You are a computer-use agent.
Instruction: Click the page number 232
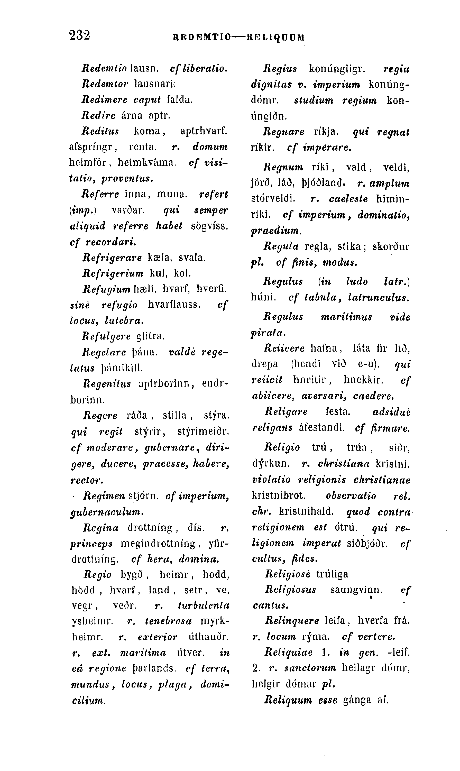tap(80, 35)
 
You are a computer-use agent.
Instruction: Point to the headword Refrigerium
tap(113, 273)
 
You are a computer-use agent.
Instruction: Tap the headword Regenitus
tap(107, 384)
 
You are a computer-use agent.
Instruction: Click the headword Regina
tap(101, 528)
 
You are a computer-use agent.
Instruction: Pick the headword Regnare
tap(284, 132)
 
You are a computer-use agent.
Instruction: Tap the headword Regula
tap(281, 246)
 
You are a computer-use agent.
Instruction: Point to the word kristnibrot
tap(279, 495)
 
